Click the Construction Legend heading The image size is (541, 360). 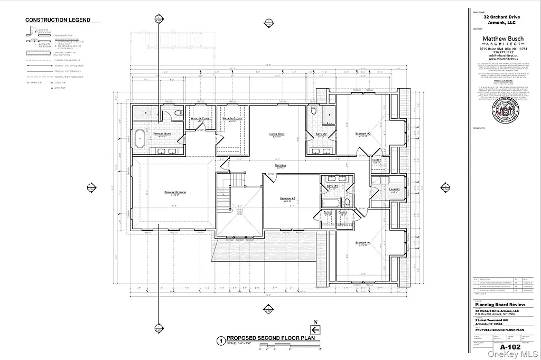pos(58,20)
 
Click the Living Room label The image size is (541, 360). pos(277,135)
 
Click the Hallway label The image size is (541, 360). pos(280,165)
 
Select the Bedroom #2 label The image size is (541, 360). pos(287,199)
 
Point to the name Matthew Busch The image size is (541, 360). pos(502,39)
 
